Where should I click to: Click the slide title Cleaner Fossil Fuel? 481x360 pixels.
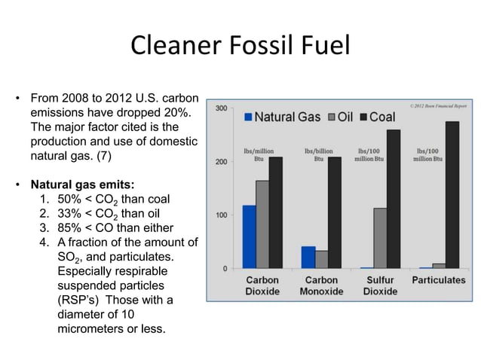click(240, 46)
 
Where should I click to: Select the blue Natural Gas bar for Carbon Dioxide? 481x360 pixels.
click(249, 237)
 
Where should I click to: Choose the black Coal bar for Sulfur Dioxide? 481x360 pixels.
click(393, 199)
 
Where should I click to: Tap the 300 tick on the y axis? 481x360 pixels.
click(221, 108)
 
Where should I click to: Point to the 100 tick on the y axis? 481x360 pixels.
click(221, 215)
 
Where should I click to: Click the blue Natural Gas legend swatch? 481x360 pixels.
click(248, 117)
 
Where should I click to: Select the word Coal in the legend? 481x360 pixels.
click(382, 117)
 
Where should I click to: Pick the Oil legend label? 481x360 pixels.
click(345, 117)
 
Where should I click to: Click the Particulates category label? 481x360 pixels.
click(439, 280)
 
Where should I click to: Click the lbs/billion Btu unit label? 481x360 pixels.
click(320, 155)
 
